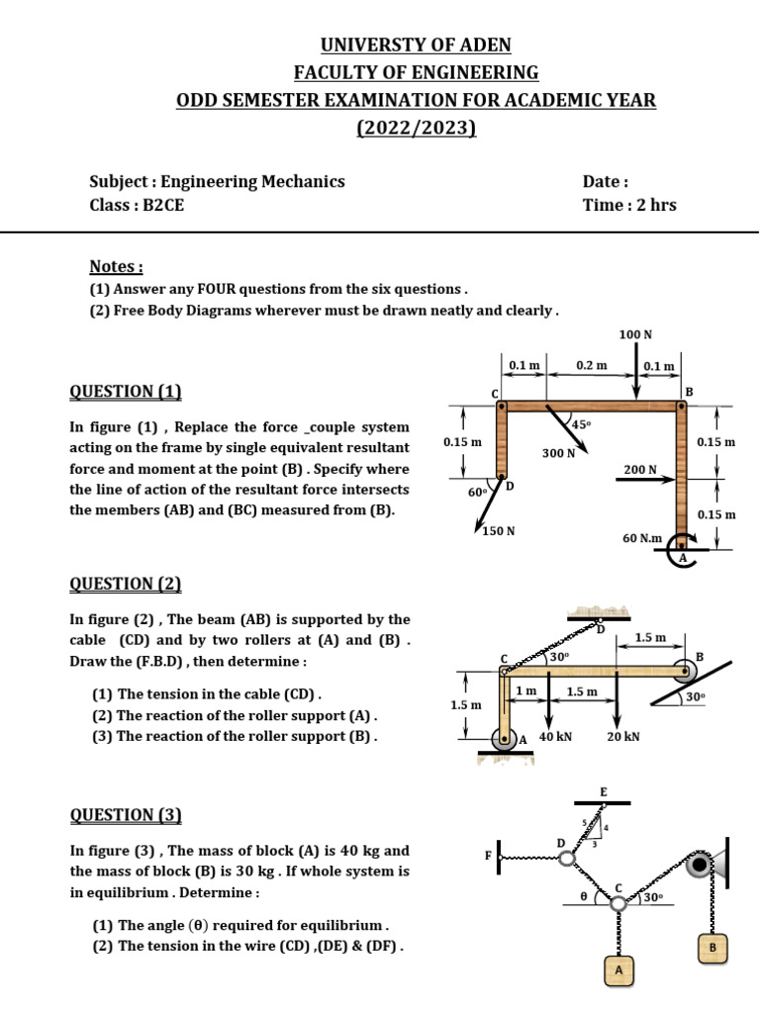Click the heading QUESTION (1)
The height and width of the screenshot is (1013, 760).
coord(126,391)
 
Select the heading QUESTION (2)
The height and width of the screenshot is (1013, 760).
coord(126,584)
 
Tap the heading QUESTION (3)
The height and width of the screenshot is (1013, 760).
coord(126,815)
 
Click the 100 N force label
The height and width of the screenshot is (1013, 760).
coord(635,335)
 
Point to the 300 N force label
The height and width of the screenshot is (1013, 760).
coord(557,452)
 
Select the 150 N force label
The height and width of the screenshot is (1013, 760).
coord(499,531)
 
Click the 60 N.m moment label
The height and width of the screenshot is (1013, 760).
coord(641,537)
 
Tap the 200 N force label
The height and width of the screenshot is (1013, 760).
coord(640,469)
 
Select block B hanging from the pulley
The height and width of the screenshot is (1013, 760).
coord(712,948)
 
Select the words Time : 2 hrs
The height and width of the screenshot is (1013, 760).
coord(629,205)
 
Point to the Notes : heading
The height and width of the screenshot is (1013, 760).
coord(116,267)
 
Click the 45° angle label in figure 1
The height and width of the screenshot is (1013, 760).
coord(581,424)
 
